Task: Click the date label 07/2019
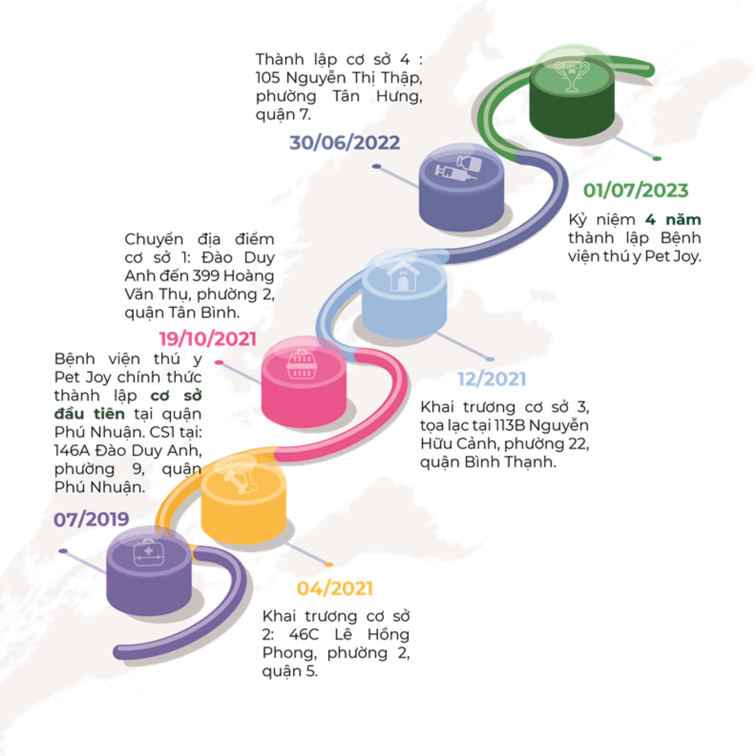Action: click(x=91, y=519)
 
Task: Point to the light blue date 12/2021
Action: click(x=492, y=379)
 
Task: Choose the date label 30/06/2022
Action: click(x=344, y=142)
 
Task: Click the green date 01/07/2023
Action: click(x=636, y=191)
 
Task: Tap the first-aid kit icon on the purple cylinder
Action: click(x=149, y=553)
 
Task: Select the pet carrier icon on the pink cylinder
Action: click(x=302, y=365)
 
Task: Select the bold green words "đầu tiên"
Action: click(x=90, y=414)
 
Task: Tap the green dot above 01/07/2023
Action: click(x=657, y=158)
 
